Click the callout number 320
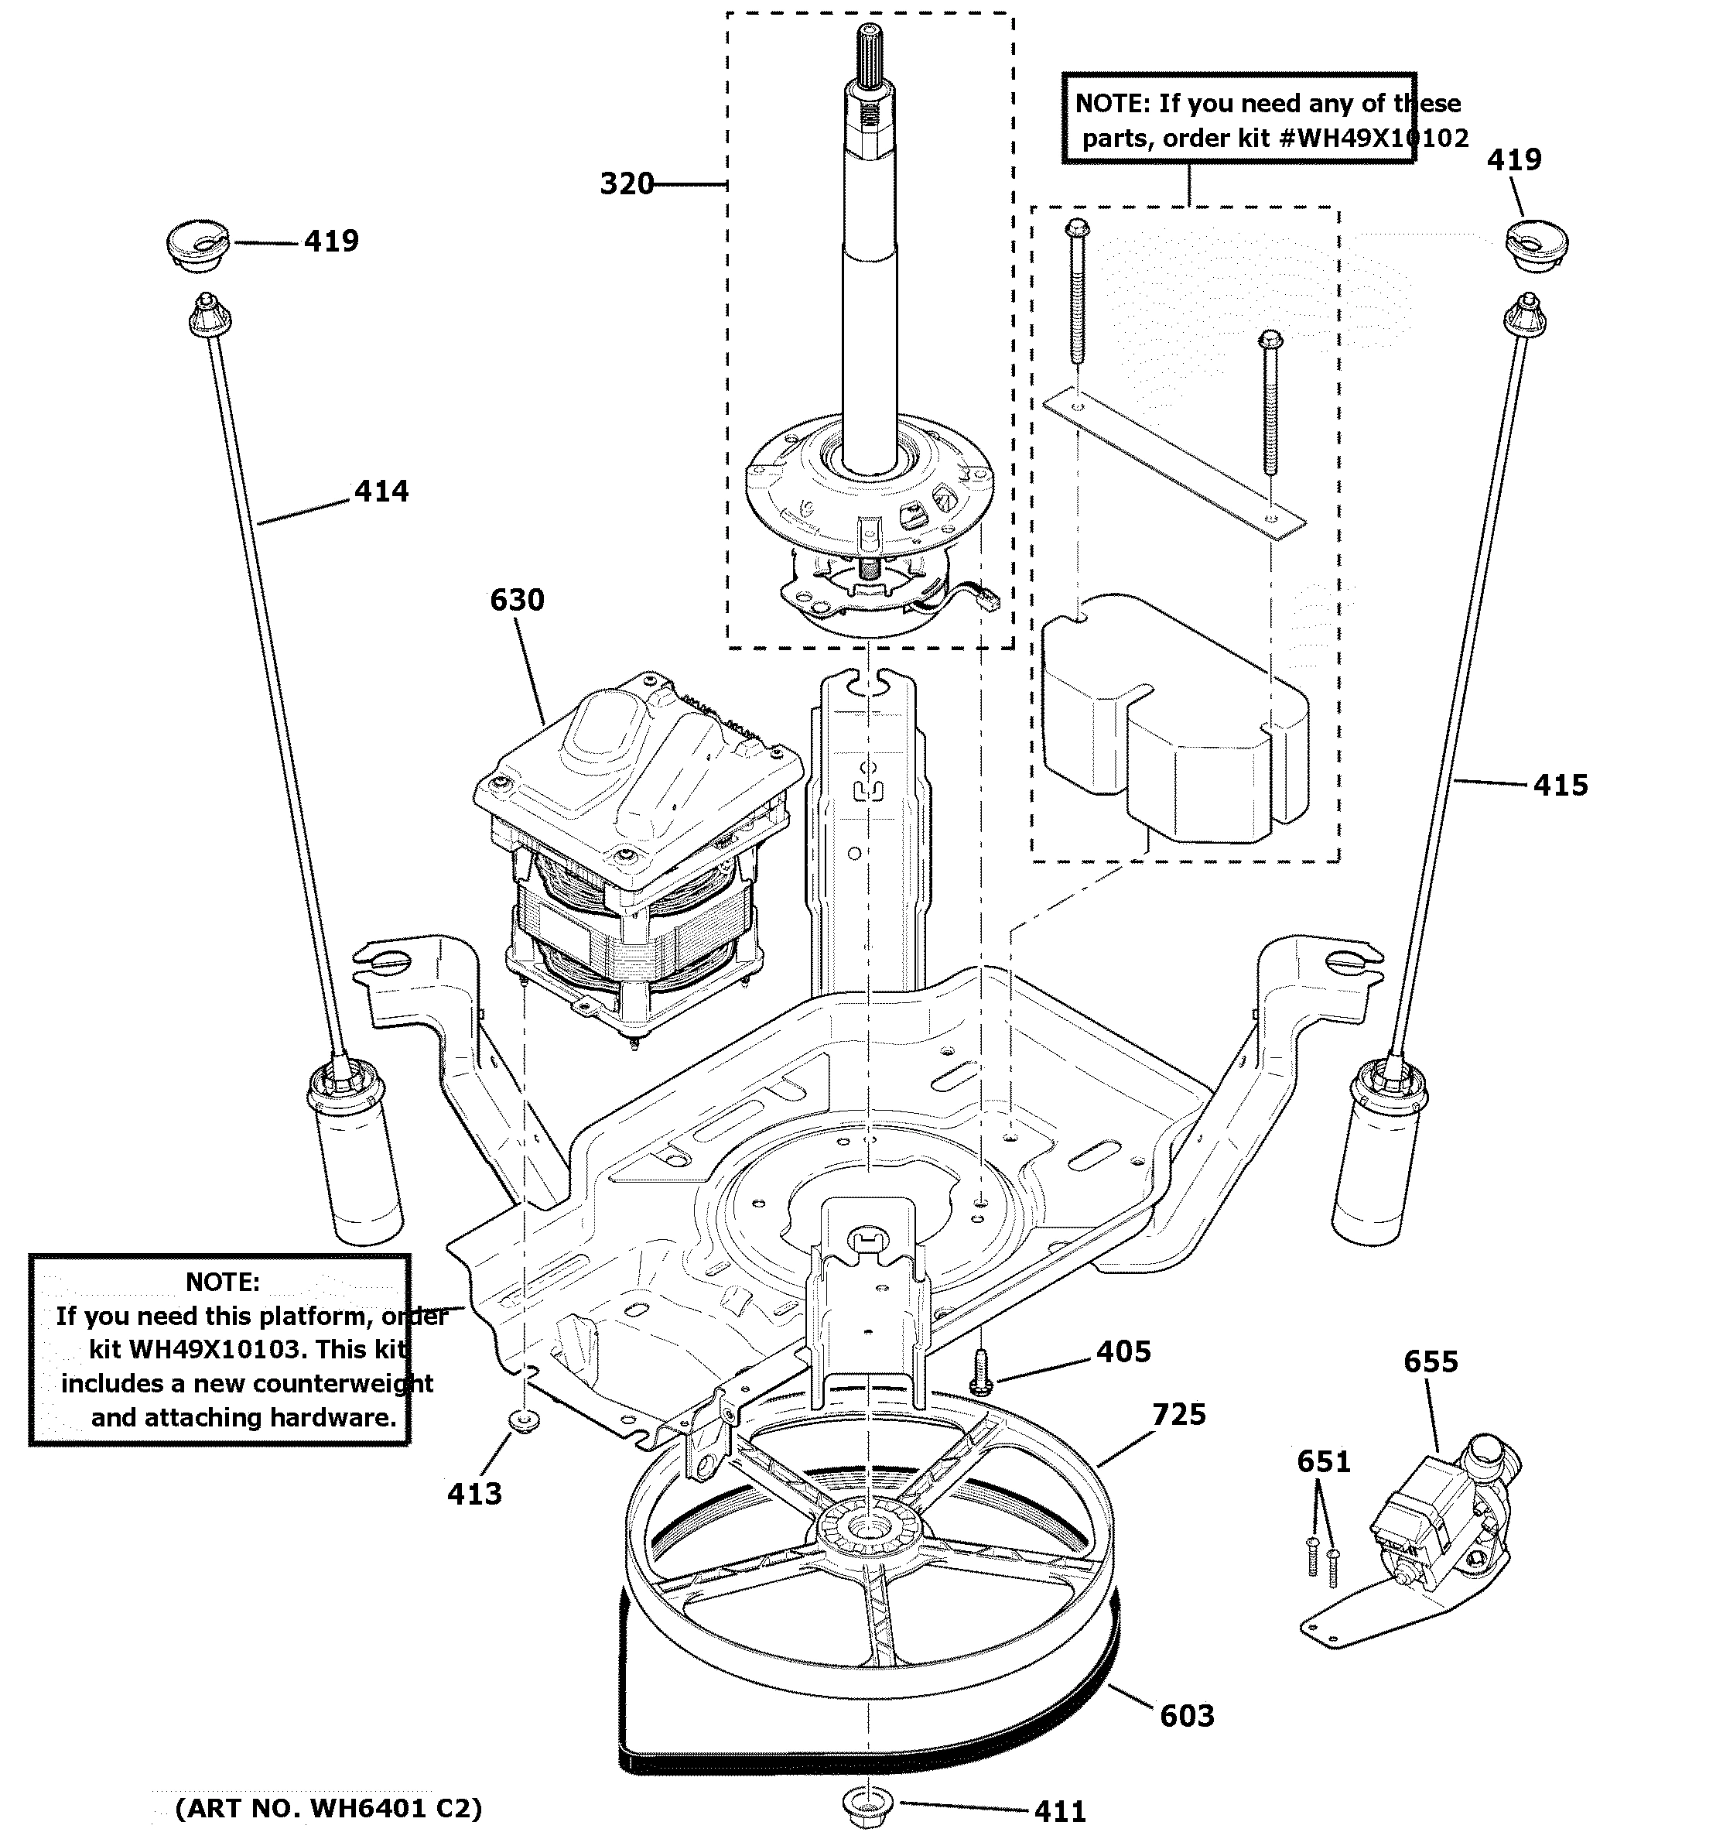point(626,184)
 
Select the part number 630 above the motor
point(517,601)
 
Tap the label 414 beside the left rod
point(381,491)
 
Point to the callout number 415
point(1561,786)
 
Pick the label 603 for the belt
point(1187,1716)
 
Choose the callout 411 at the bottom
point(1060,1811)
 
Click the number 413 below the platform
point(474,1494)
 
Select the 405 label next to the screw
point(1123,1351)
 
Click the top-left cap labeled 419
point(198,245)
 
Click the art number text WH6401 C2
point(370,1809)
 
